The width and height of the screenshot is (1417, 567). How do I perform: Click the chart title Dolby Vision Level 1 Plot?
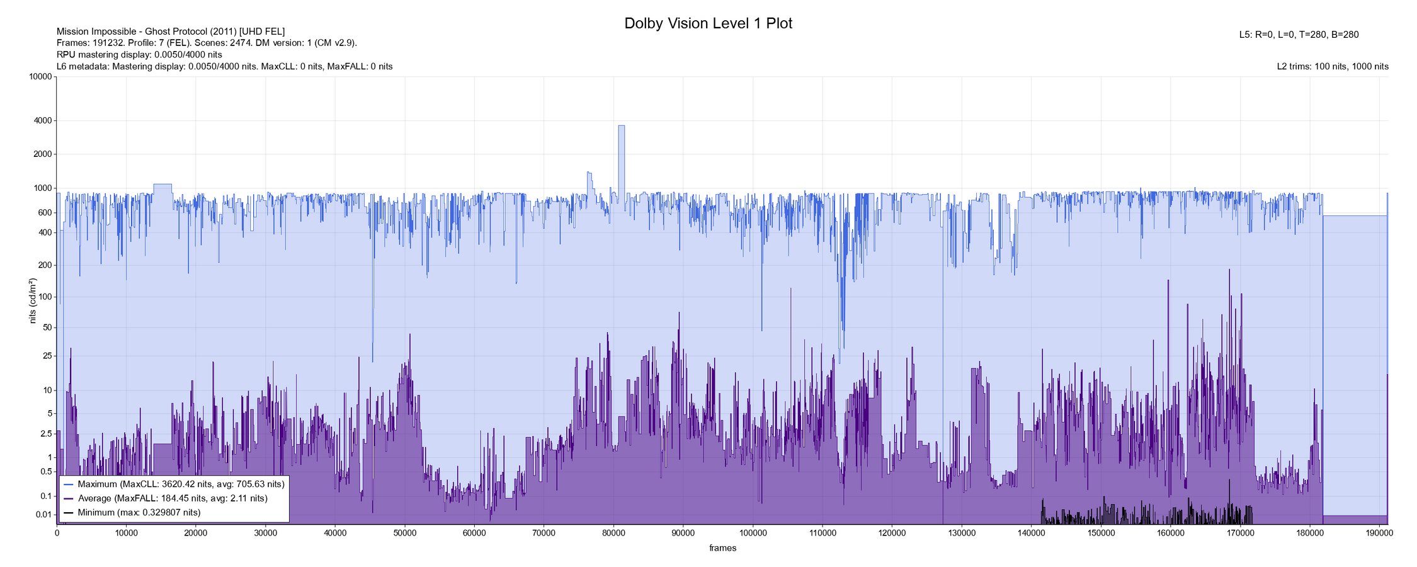point(708,23)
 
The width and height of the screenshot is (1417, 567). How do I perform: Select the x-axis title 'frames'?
point(722,548)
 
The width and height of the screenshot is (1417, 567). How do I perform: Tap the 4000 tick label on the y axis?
point(42,120)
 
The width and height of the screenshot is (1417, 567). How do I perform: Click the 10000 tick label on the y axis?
point(40,77)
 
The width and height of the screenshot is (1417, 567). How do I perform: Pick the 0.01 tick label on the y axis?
point(43,515)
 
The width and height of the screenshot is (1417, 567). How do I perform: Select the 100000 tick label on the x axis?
point(753,533)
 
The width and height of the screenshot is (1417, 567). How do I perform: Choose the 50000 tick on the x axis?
point(404,533)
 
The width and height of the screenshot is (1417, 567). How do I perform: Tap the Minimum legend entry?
point(139,513)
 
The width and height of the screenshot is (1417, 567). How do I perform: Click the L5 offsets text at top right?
point(1299,35)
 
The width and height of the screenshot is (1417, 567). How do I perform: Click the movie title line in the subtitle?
point(171,31)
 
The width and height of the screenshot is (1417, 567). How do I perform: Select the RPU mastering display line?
point(139,55)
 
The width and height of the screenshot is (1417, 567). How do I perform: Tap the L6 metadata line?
point(224,66)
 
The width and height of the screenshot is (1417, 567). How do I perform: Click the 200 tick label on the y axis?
point(44,265)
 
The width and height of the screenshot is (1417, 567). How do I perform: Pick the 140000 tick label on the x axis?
point(1031,533)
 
